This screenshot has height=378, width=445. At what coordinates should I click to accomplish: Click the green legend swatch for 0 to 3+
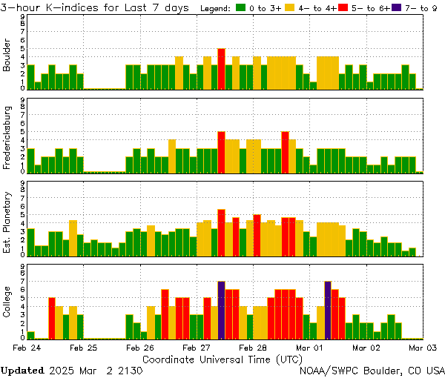(x=241, y=7)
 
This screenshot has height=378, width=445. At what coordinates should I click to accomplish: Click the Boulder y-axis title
(x=8, y=56)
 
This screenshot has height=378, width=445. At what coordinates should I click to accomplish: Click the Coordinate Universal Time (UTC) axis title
(x=222, y=359)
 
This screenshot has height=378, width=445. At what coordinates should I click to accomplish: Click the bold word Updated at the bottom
(x=22, y=370)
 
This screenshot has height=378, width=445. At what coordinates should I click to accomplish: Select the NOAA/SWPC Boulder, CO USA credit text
(x=372, y=370)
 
